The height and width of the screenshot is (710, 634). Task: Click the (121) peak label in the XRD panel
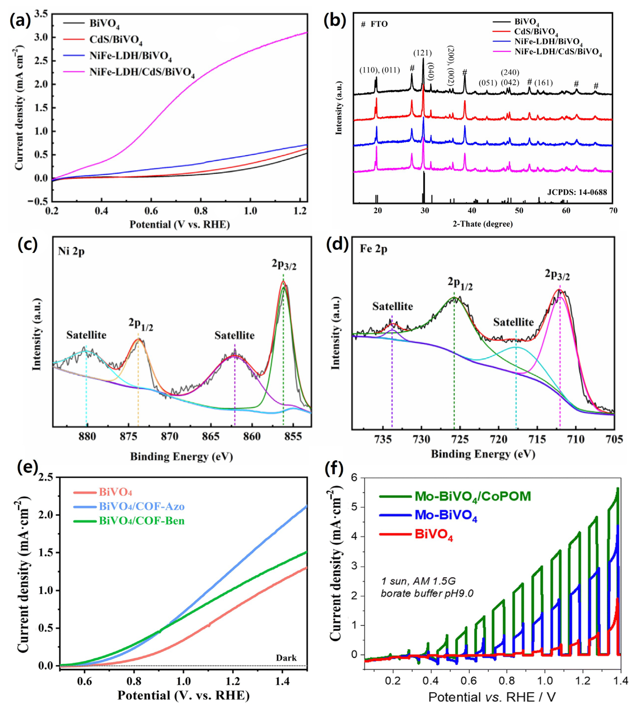coord(423,53)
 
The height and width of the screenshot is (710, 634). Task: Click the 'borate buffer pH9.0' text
coord(427,593)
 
